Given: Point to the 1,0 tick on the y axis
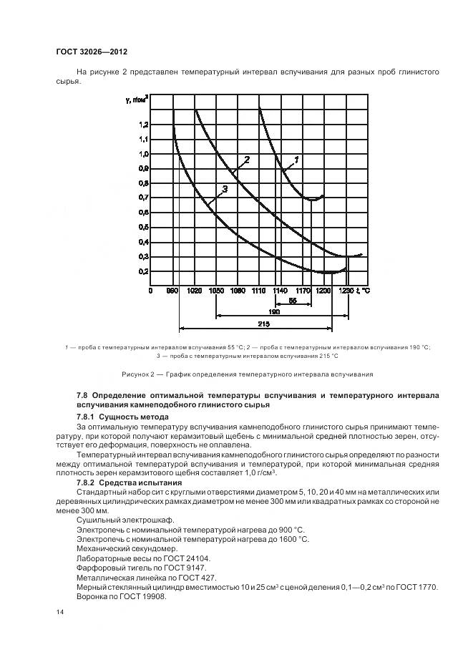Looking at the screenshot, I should click(x=144, y=153).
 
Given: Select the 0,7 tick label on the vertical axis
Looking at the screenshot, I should click(x=144, y=198).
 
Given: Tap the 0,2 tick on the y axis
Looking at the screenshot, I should click(x=144, y=272).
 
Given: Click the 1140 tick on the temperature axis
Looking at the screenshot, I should click(x=281, y=291).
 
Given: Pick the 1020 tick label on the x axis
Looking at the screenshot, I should click(x=194, y=291).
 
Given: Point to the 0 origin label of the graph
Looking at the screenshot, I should click(x=151, y=291).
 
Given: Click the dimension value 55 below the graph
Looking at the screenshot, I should click(x=293, y=301).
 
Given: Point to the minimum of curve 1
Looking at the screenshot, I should click(x=312, y=200).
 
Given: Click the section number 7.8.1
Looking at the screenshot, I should click(x=89, y=417).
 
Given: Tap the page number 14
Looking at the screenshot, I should click(x=59, y=613).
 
